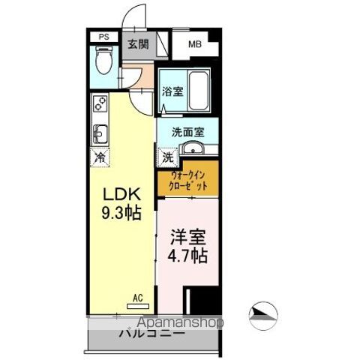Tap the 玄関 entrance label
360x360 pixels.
tap(137, 44)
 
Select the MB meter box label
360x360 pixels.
tap(194, 44)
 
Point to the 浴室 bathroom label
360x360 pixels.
tap(169, 91)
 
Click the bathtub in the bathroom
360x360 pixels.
tap(196, 91)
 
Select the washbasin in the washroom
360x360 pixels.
tap(193, 147)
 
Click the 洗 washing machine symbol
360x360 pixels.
tap(168, 158)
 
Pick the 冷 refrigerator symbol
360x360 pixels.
tap(100, 157)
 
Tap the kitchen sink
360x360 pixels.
tap(99, 133)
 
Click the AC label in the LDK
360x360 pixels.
tap(137, 298)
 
